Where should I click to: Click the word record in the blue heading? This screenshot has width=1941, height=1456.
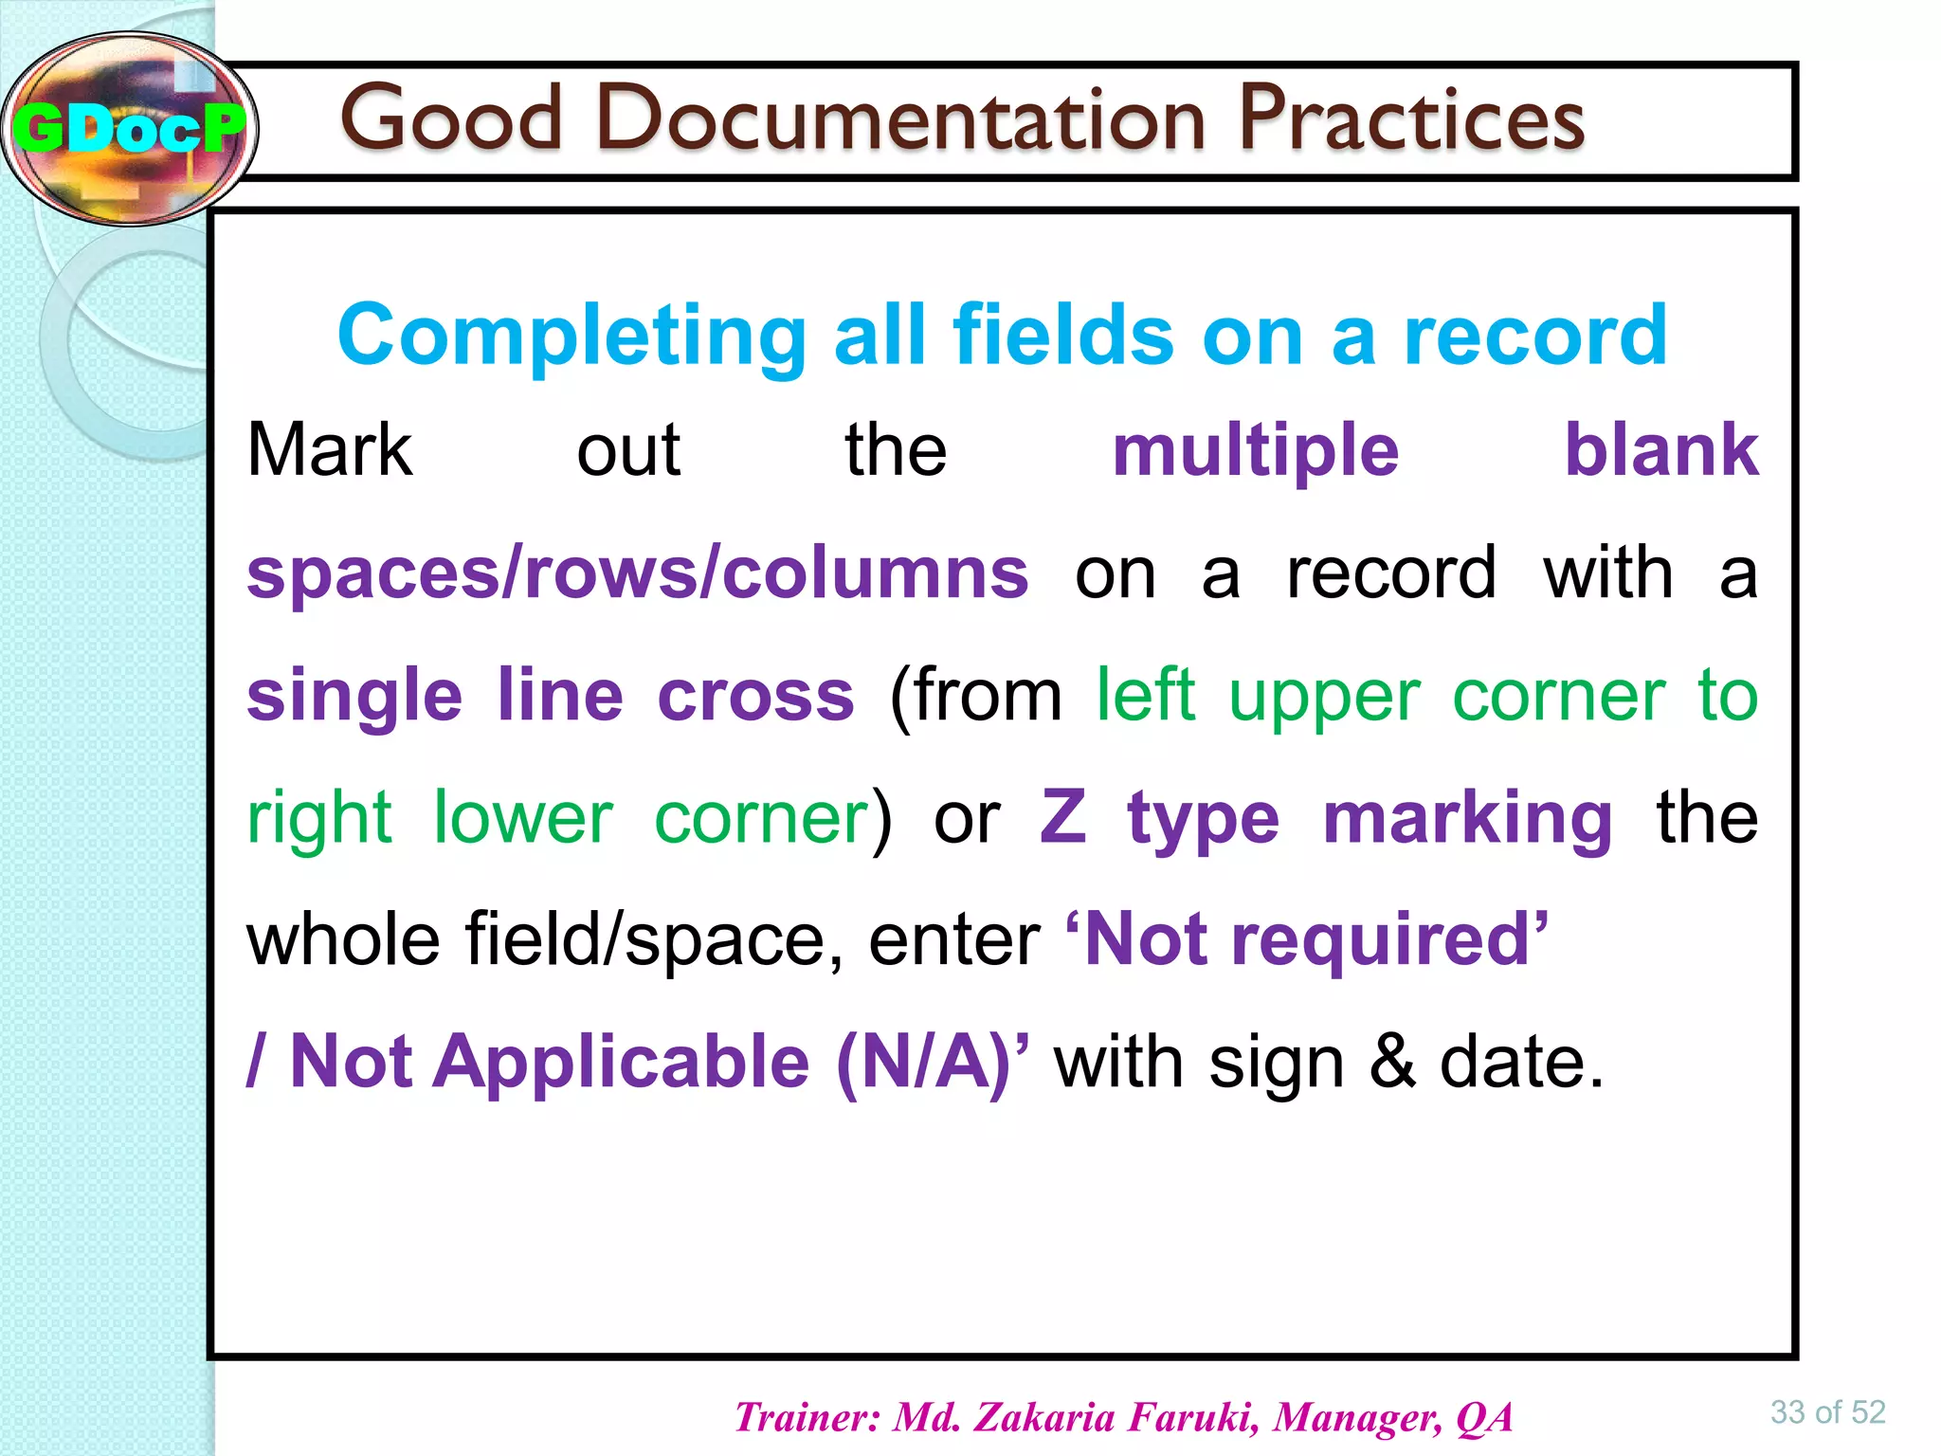pyautogui.click(x=1535, y=337)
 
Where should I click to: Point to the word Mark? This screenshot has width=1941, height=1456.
pyautogui.click(x=329, y=449)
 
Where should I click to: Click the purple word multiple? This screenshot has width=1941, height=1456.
pyautogui.click(x=1255, y=451)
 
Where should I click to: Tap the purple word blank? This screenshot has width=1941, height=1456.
pyautogui.click(x=1660, y=449)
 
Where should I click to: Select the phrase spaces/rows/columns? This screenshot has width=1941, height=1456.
pyautogui.click(x=637, y=573)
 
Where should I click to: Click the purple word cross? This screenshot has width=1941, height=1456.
pyautogui.click(x=755, y=695)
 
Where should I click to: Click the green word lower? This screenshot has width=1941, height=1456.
pyautogui.click(x=523, y=817)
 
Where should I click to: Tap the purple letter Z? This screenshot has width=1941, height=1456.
pyautogui.click(x=1063, y=817)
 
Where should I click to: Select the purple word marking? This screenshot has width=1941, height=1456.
pyautogui.click(x=1466, y=819)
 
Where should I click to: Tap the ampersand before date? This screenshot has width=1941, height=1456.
pyautogui.click(x=1392, y=1063)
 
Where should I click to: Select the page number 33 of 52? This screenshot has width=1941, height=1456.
pyautogui.click(x=1827, y=1412)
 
